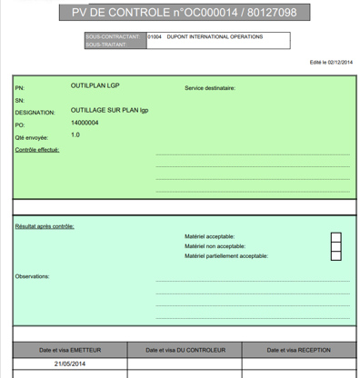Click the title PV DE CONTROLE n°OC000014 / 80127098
[x=183, y=12]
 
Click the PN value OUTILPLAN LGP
[x=95, y=85]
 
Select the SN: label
[x=20, y=100]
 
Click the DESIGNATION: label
[x=35, y=113]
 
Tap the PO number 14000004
[x=85, y=122]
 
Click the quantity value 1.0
[x=75, y=134]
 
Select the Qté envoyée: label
[x=32, y=137]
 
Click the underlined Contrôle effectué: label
[x=37, y=149]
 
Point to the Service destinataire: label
[x=210, y=88]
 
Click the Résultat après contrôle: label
[x=45, y=225]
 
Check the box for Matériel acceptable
[x=336, y=236]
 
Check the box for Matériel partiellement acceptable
[x=336, y=256]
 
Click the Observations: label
[x=32, y=276]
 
